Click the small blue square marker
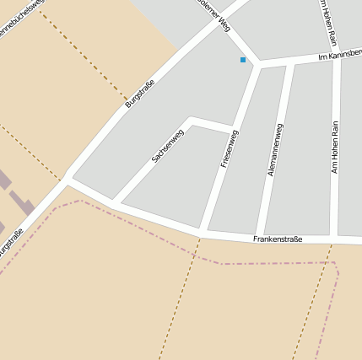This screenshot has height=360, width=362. pyautogui.click(x=243, y=60)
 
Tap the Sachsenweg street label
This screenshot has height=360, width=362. pyautogui.click(x=167, y=146)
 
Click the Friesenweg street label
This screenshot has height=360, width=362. pyautogui.click(x=230, y=148)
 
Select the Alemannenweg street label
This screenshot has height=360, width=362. pyautogui.click(x=274, y=149)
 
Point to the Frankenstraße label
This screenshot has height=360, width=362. pyautogui.click(x=277, y=240)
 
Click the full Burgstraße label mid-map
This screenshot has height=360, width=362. pyautogui.click(x=140, y=92)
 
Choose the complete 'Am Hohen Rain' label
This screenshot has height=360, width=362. pyautogui.click(x=335, y=147)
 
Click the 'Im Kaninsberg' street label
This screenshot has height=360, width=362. pyautogui.click(x=339, y=55)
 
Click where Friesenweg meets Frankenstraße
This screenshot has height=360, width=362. pyautogui.click(x=203, y=231)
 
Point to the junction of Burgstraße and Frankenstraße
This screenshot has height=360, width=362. pyautogui.click(x=68, y=178)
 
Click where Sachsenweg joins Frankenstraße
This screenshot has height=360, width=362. pyautogui.click(x=113, y=203)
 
